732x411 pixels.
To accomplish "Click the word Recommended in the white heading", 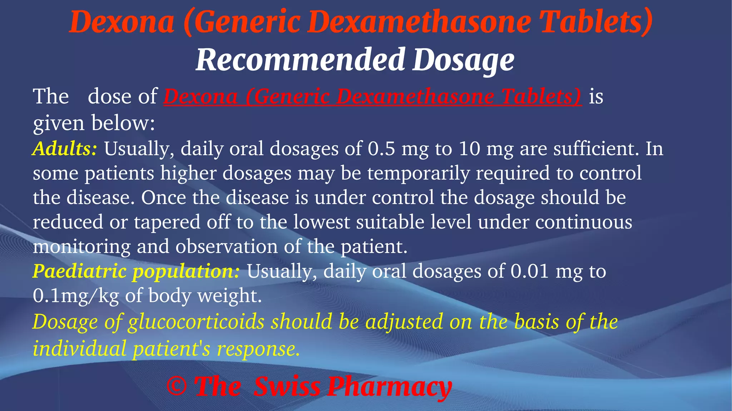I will click(x=300, y=60).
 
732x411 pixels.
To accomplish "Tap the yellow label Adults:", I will click(x=65, y=149).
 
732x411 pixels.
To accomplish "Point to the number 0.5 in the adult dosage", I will click(x=381, y=149).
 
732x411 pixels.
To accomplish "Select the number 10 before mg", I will click(x=470, y=149).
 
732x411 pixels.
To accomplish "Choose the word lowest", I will click(x=321, y=222).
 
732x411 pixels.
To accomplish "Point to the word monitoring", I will click(x=82, y=247).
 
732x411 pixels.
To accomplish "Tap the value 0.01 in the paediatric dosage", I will click(x=529, y=271).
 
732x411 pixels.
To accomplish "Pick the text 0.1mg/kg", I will click(x=75, y=296).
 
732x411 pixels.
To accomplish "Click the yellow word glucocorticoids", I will click(x=196, y=322).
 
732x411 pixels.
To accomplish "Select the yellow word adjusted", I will click(x=404, y=322).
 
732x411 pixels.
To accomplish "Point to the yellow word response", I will click(x=258, y=348).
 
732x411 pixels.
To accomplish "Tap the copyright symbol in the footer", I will click(x=177, y=386).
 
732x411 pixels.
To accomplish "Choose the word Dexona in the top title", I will click(x=122, y=22).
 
